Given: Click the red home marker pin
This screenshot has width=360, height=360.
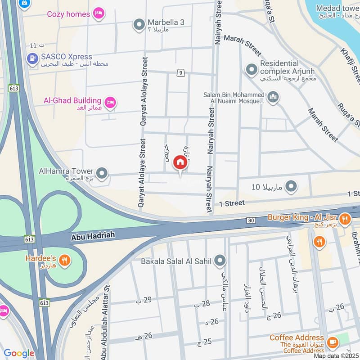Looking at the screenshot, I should tap(180, 163).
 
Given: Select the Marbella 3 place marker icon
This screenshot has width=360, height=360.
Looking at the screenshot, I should tap(139, 23).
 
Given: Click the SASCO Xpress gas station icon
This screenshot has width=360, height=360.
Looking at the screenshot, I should tap(32, 58).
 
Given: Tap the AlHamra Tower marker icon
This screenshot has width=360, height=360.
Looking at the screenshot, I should tap(102, 173).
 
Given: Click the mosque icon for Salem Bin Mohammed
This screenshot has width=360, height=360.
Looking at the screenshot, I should tap(273, 97).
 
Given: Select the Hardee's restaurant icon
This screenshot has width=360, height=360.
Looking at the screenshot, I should tap(65, 260).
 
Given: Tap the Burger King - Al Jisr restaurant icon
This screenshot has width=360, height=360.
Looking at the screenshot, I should tap(345, 219).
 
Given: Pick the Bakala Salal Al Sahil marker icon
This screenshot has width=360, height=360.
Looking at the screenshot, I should tap(220, 260).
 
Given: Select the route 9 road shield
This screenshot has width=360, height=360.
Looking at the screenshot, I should tap(180, 72).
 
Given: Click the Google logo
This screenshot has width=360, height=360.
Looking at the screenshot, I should tap(19, 354).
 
